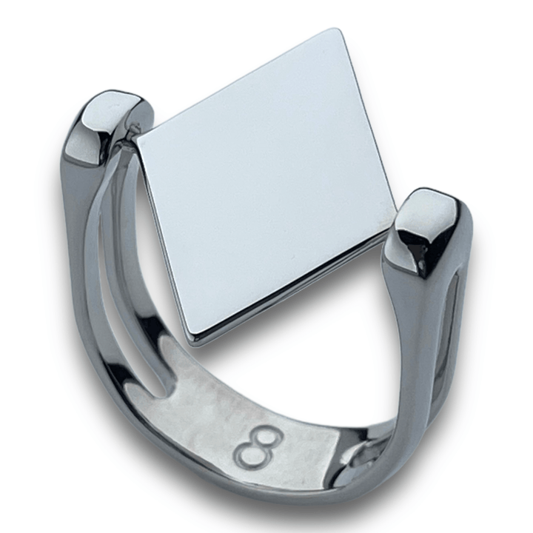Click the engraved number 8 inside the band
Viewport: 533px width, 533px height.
click(258, 447)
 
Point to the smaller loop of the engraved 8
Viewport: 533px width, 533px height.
click(271, 436)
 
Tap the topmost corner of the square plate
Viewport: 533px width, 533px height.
click(339, 30)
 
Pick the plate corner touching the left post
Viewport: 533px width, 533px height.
click(138, 139)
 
